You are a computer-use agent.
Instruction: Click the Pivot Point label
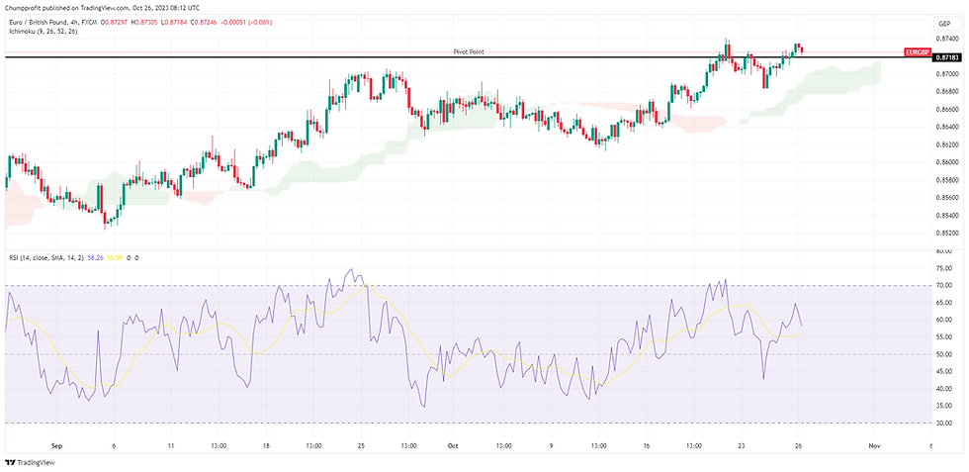pos(469,51)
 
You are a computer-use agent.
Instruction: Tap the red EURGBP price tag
pos(916,50)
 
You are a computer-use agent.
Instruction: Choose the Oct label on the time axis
pos(452,446)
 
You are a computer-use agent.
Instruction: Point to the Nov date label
pos(874,446)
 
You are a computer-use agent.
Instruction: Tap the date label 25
pos(361,446)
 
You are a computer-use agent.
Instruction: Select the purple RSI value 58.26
pos(95,257)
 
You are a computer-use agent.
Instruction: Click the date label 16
pos(645,446)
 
